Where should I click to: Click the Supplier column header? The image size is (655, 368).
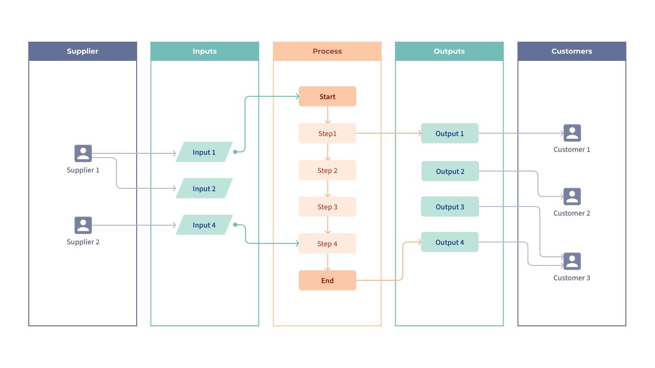(x=82, y=51)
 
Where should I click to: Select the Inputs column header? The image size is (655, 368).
(x=205, y=51)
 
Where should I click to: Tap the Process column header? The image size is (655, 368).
(x=327, y=51)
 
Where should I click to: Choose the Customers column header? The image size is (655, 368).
(x=572, y=51)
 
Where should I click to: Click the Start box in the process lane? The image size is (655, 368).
(x=327, y=96)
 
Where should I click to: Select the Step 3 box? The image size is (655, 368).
(x=327, y=207)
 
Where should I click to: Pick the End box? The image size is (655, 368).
(x=327, y=280)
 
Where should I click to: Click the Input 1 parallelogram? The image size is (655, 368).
(x=204, y=152)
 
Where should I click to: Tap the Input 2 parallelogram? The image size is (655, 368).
(x=204, y=188)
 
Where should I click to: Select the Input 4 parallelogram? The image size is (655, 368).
(x=204, y=225)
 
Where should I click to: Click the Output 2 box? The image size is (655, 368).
(x=450, y=171)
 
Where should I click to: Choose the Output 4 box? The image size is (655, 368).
(x=450, y=242)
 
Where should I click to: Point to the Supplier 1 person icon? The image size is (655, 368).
(x=83, y=153)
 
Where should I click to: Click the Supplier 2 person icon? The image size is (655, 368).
(x=83, y=225)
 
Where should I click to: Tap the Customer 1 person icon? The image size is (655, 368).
(x=572, y=133)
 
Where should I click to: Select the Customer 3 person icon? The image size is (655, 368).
(x=572, y=261)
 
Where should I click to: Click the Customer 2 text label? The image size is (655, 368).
(x=572, y=213)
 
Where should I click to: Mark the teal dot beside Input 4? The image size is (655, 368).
(x=235, y=225)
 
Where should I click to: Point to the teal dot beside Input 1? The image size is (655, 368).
(x=235, y=152)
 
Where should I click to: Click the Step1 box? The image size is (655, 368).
(x=327, y=133)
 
